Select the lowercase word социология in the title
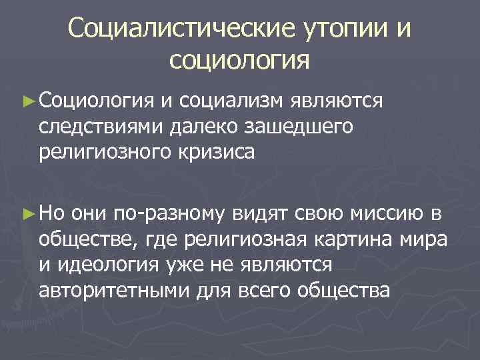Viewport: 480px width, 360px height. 239,61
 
